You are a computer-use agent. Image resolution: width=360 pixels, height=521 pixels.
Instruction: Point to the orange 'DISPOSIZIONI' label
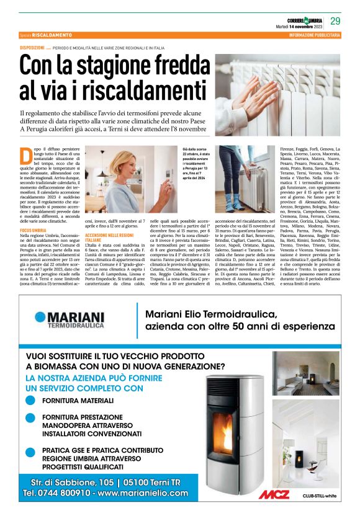tap(32, 48)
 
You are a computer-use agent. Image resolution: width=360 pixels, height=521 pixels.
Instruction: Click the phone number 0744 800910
tap(56, 494)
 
